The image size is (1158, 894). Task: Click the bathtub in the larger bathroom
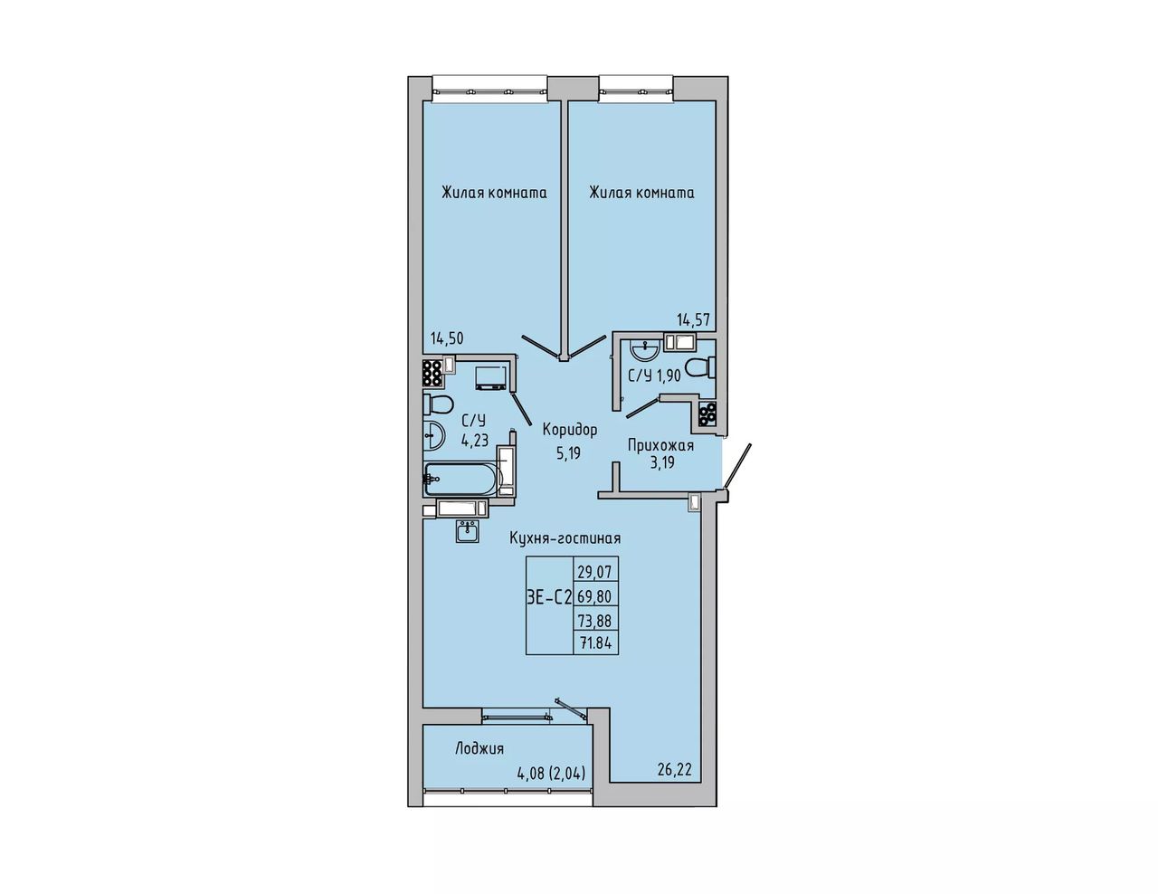[462, 478]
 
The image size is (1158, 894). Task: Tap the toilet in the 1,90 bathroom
[699, 368]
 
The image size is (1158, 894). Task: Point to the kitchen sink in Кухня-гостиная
[468, 530]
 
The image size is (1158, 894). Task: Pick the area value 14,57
[694, 320]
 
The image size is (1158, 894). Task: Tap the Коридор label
[570, 430]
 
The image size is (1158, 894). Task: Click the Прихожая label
[660, 445]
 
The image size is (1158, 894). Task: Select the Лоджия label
[479, 748]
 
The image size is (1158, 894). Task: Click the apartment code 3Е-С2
[549, 598]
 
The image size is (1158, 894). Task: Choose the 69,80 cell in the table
[595, 594]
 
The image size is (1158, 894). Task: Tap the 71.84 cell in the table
[595, 644]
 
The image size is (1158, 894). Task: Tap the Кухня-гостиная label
[565, 538]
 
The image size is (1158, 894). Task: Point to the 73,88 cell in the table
[595, 620]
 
